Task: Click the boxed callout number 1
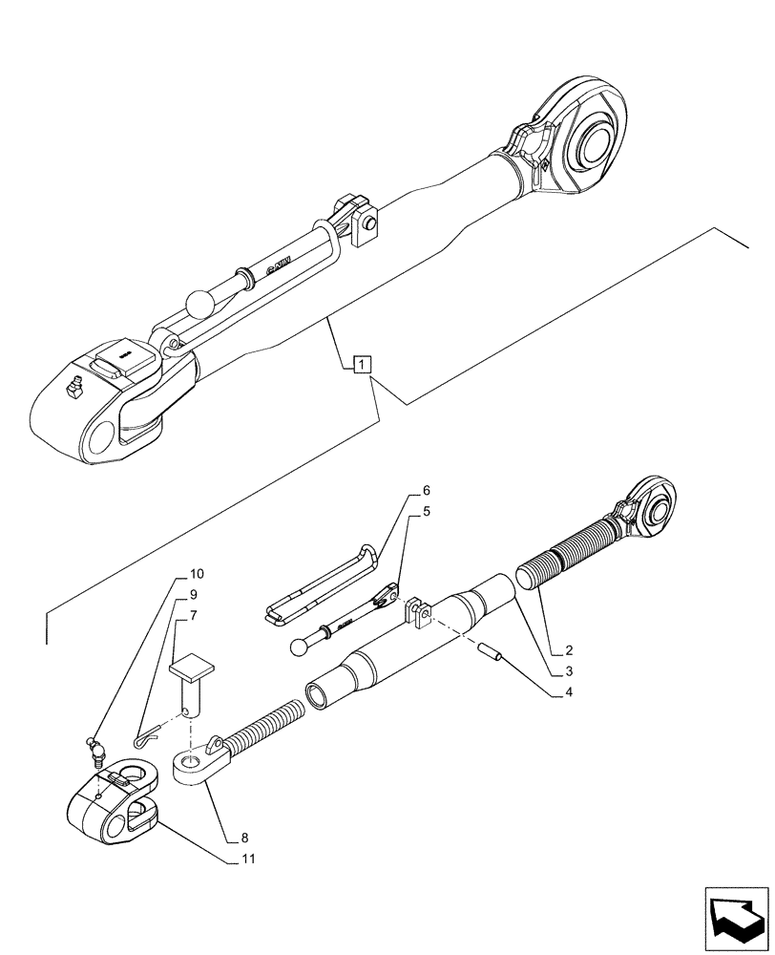click(363, 364)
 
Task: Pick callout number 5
click(426, 511)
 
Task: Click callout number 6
click(426, 491)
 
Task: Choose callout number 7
click(194, 615)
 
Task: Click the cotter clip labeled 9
click(144, 737)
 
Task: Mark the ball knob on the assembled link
click(201, 305)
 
